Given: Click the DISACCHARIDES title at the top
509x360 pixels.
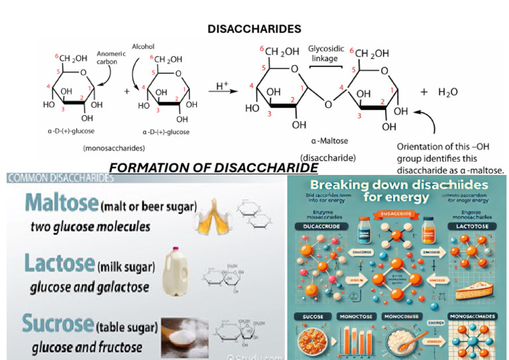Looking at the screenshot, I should click(254, 29).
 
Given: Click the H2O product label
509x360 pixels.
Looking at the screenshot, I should click(448, 93).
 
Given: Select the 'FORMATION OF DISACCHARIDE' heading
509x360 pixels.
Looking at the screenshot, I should click(213, 168).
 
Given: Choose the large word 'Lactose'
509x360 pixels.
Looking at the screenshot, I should click(58, 263).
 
